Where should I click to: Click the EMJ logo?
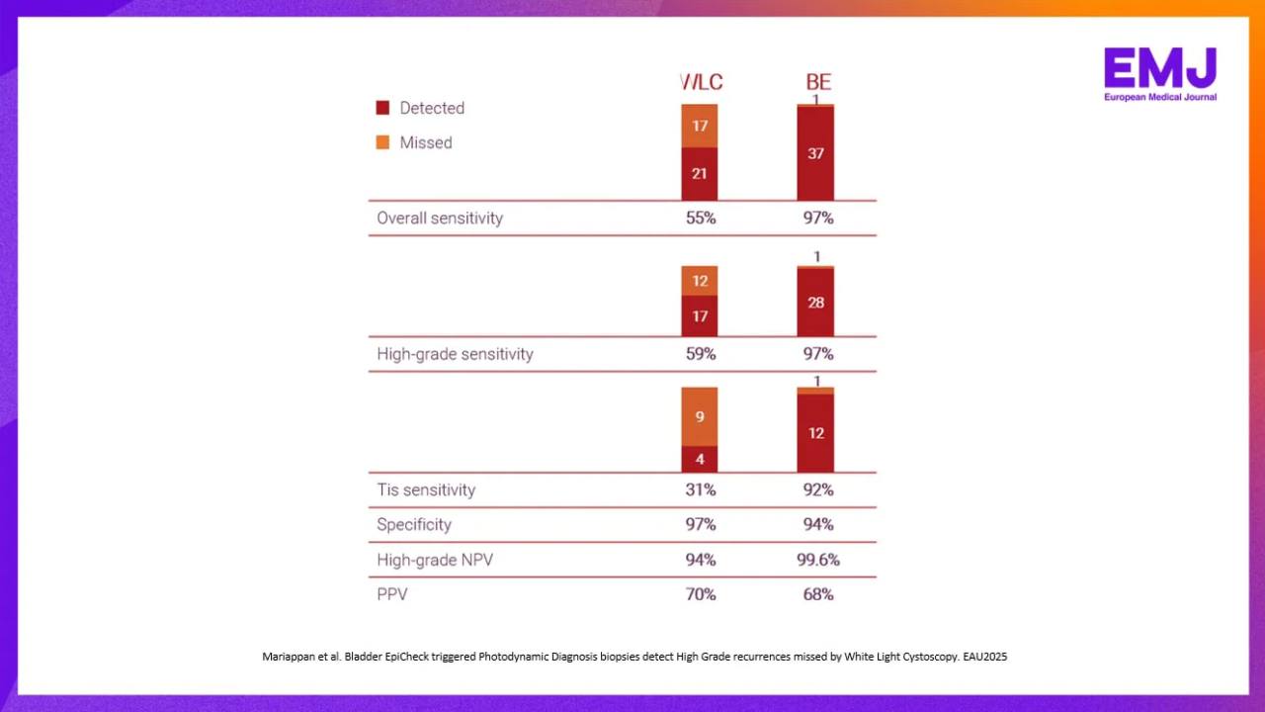click(1160, 74)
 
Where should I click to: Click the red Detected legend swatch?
click(382, 108)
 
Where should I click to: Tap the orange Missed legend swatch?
click(382, 142)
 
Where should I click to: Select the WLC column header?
click(701, 82)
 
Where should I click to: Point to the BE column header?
click(818, 82)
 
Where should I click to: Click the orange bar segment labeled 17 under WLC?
click(699, 126)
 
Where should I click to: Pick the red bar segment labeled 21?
click(699, 174)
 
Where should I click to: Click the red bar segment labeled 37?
click(815, 153)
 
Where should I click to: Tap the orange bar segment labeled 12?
click(699, 281)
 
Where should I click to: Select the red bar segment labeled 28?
click(815, 303)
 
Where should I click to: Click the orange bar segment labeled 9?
click(699, 417)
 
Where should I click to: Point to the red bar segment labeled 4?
click(699, 460)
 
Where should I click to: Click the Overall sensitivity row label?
click(440, 219)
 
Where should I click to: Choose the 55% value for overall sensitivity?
click(701, 219)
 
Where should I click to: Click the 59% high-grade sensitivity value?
click(701, 354)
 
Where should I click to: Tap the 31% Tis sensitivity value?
click(701, 489)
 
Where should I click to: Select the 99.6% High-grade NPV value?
click(818, 560)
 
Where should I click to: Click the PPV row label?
click(392, 594)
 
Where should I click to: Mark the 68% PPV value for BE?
click(818, 594)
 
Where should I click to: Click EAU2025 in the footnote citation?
click(985, 657)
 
